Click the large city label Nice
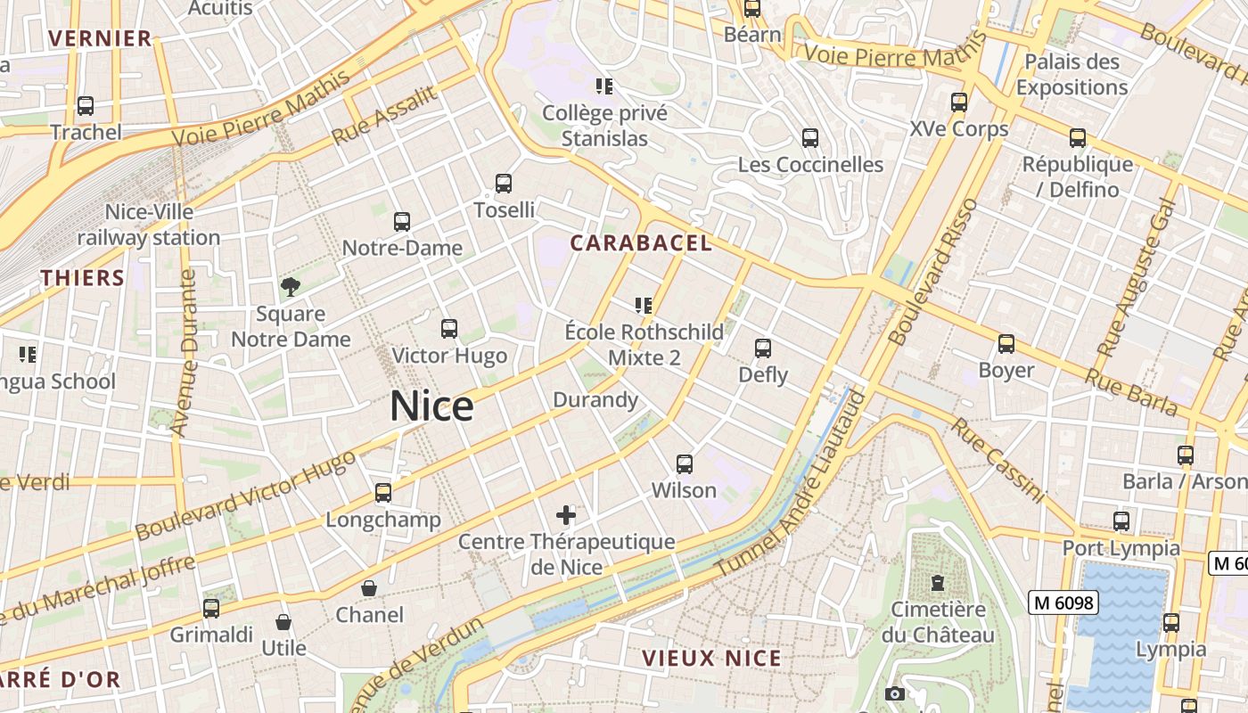431,406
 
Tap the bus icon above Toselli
504,184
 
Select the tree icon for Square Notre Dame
290,286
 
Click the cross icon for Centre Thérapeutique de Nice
566,514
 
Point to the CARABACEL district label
641,243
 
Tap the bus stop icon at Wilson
684,463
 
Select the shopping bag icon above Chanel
368,588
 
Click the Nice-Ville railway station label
149,225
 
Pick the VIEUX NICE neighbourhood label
711,659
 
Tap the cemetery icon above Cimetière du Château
937,583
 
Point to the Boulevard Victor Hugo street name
245,495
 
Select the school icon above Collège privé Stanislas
604,86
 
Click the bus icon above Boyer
1006,343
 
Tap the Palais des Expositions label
1071,75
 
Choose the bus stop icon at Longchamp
383,492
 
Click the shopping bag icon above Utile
283,621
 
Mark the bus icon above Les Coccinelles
809,138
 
